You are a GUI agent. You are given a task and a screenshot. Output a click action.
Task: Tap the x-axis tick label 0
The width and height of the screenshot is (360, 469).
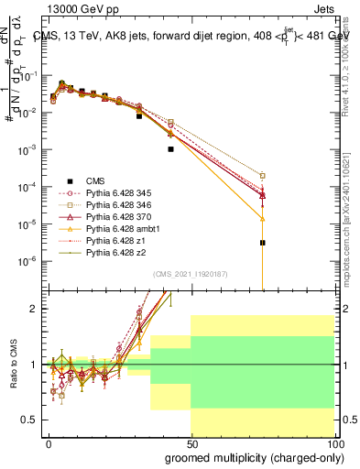point(49,442)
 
